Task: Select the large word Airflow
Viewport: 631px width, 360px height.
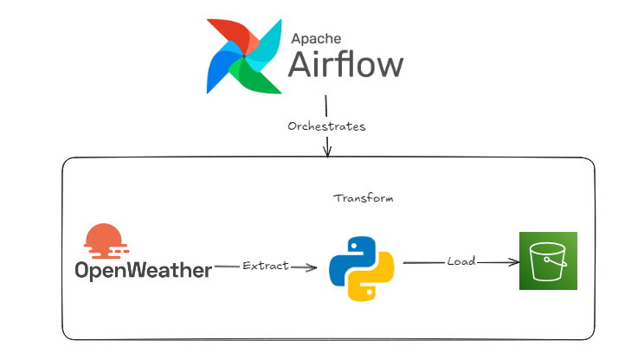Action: (x=345, y=66)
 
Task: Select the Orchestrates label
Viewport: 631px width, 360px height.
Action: (x=326, y=126)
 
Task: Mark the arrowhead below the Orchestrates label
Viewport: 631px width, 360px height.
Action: (x=327, y=152)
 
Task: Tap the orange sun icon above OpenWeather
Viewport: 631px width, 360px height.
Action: (x=103, y=241)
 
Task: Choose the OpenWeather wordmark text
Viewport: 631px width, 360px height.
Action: (x=143, y=271)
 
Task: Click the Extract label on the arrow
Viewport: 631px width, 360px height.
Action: (x=266, y=267)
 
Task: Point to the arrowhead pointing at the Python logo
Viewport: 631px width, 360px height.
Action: (x=312, y=268)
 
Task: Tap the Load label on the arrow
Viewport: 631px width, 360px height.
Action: (x=461, y=260)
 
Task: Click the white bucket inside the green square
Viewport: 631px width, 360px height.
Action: (x=548, y=260)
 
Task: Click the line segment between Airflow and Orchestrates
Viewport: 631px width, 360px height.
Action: (x=325, y=106)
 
